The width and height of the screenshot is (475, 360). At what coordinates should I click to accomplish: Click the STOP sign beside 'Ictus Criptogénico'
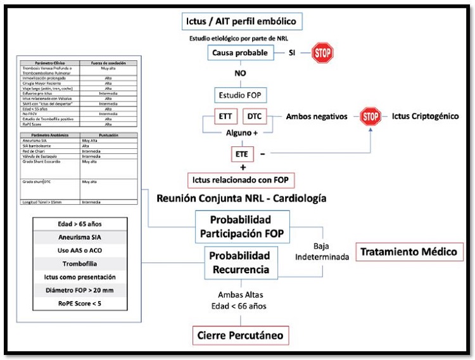[x=372, y=117]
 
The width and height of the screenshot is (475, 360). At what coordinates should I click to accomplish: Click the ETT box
[x=225, y=117]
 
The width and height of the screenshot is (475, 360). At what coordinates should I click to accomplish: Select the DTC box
[x=255, y=117]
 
